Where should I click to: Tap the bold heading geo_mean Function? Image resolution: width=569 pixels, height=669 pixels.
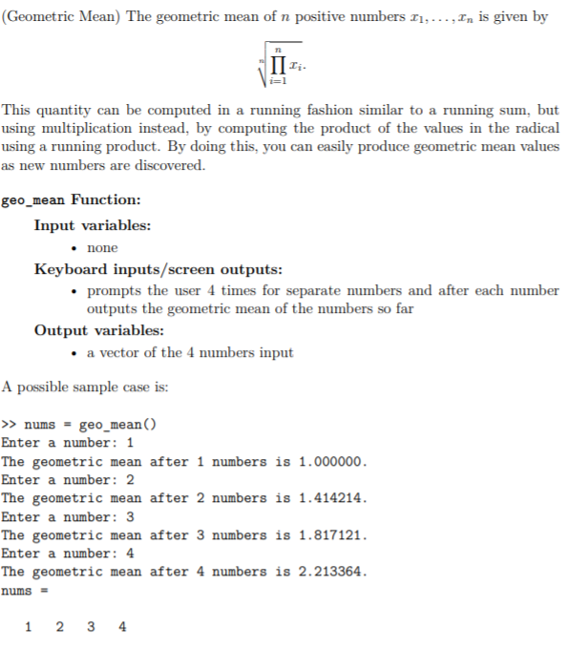click(x=72, y=200)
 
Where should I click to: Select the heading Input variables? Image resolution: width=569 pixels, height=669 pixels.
click(x=92, y=225)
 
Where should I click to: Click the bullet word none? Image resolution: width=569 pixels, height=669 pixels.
click(x=102, y=248)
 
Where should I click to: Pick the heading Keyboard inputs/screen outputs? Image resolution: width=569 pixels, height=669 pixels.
click(x=158, y=269)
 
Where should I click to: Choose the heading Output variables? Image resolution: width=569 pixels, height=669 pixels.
click(x=98, y=330)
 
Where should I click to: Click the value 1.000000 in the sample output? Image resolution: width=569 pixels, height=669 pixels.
click(x=331, y=462)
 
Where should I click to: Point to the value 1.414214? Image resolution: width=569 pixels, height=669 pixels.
click(x=331, y=498)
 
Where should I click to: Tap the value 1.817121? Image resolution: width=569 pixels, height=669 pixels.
click(x=331, y=535)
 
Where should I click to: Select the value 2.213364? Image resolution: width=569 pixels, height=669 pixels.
click(x=331, y=572)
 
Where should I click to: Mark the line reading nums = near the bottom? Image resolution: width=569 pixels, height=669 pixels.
click(x=18, y=591)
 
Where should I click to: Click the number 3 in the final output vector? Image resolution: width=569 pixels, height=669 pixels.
click(x=90, y=627)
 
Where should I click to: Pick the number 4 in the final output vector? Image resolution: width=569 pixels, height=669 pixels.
click(x=121, y=627)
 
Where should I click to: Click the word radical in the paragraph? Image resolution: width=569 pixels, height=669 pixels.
click(x=535, y=130)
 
